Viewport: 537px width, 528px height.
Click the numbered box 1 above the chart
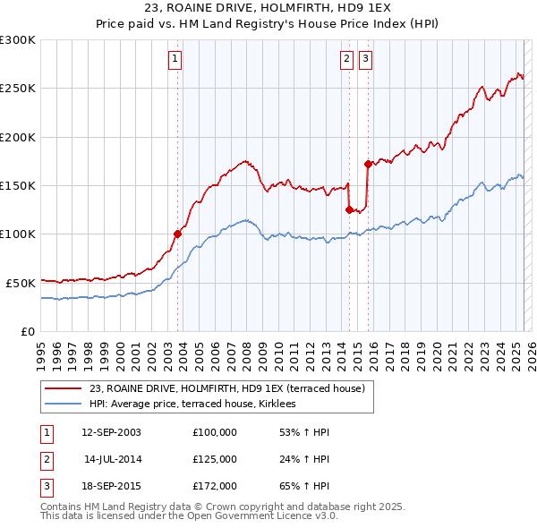(175, 60)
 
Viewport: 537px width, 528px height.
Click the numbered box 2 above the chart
(346, 60)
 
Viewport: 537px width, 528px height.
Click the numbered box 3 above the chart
(366, 60)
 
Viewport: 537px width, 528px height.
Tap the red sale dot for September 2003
(178, 234)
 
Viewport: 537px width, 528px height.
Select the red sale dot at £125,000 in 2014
(349, 209)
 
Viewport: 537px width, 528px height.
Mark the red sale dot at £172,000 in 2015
(368, 164)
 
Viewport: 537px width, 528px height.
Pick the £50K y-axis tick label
(21, 283)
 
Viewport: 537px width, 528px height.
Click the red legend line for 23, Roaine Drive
(64, 389)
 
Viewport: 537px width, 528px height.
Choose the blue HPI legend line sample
(64, 405)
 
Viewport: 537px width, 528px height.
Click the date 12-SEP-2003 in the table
(111, 432)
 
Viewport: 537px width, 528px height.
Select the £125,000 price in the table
(214, 459)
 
